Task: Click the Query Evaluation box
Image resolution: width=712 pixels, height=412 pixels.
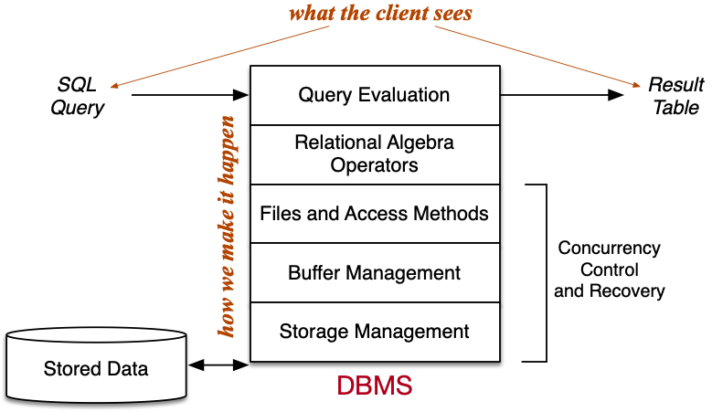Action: pos(375,95)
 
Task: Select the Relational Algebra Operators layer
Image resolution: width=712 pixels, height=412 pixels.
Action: pos(375,154)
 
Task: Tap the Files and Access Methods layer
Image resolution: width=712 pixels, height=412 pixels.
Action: pos(375,214)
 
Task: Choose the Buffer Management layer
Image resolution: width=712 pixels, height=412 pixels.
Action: pos(375,272)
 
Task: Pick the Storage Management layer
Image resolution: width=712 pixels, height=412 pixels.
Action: pos(375,331)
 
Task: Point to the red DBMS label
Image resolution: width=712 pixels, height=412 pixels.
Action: pos(375,386)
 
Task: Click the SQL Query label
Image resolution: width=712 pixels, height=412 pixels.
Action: pos(77,96)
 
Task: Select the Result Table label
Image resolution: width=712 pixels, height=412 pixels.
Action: pos(675,96)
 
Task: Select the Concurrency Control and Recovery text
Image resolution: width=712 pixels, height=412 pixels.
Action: pos(610,270)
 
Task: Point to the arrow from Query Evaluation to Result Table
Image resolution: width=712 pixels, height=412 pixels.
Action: pos(562,94)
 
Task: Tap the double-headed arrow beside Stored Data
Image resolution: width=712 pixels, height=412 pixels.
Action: pos(218,365)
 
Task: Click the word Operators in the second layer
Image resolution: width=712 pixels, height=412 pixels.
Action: pos(375,165)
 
